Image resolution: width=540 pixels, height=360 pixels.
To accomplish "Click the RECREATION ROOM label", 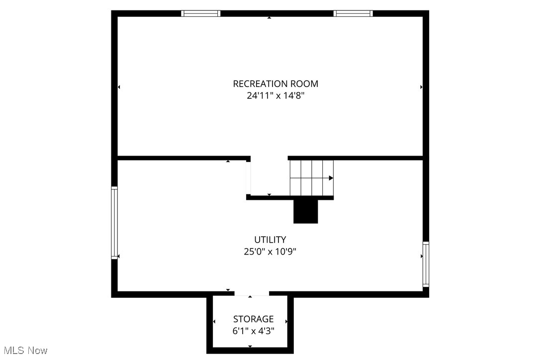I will coord(275,84).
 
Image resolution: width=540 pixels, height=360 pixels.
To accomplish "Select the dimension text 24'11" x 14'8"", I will coord(275,96).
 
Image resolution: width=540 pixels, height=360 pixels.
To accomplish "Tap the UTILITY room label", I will coord(270,240).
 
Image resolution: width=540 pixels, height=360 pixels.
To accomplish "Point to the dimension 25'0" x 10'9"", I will coord(270,252).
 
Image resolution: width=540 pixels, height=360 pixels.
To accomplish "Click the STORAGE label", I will coord(253,319).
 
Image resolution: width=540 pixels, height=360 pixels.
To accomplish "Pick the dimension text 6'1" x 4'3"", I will coord(253,330).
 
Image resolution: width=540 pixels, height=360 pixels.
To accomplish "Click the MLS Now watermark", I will coord(24,351).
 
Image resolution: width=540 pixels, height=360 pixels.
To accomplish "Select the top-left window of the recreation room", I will coord(201,13).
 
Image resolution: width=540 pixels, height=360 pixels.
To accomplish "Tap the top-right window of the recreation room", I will coord(353,13).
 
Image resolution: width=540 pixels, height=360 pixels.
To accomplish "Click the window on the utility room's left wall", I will coord(114,222).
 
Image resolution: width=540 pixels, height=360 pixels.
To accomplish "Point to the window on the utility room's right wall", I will coord(426,264).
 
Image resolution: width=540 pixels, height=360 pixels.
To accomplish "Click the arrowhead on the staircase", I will coord(331,178).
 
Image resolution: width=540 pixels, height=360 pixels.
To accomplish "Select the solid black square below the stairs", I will coord(305,211).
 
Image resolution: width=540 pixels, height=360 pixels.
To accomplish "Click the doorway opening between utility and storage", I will coord(252,294).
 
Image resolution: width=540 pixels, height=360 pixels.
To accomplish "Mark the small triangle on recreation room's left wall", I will coord(119,87).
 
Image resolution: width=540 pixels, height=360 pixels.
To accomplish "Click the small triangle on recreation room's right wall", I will coord(421,87).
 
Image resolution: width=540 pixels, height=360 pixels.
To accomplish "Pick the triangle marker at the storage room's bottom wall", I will coord(250,347).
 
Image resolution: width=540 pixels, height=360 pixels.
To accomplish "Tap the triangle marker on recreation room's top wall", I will coord(270,18).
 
